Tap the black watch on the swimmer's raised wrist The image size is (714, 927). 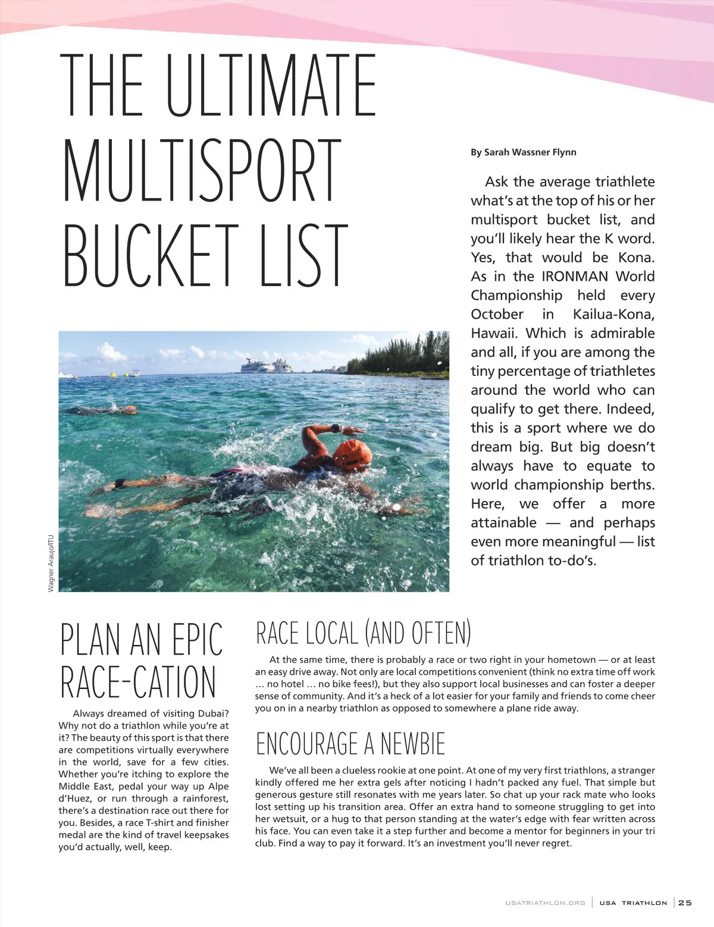[x=336, y=428]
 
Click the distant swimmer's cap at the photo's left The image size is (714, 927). [x=130, y=409]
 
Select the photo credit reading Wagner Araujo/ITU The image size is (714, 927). [x=51, y=562]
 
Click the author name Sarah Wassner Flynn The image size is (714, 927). [x=524, y=152]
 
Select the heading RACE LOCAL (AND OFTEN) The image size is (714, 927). [x=363, y=633]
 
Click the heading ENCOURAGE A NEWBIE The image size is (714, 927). [x=350, y=744]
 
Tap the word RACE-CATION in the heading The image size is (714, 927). [x=138, y=682]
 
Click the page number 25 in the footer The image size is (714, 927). [x=685, y=903]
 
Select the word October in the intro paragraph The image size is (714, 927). [x=497, y=314]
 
